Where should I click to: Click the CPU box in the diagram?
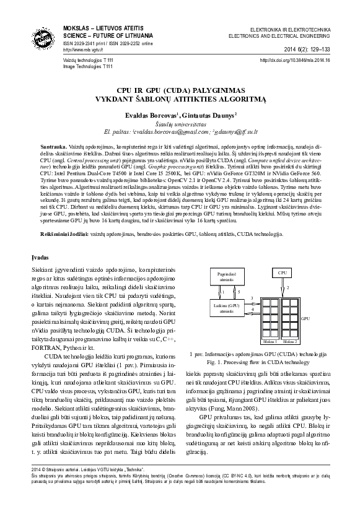283,272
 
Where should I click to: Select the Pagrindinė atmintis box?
226,276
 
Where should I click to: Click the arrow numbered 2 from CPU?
284,287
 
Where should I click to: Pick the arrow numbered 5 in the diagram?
234,291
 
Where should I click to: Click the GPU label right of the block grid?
305,318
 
